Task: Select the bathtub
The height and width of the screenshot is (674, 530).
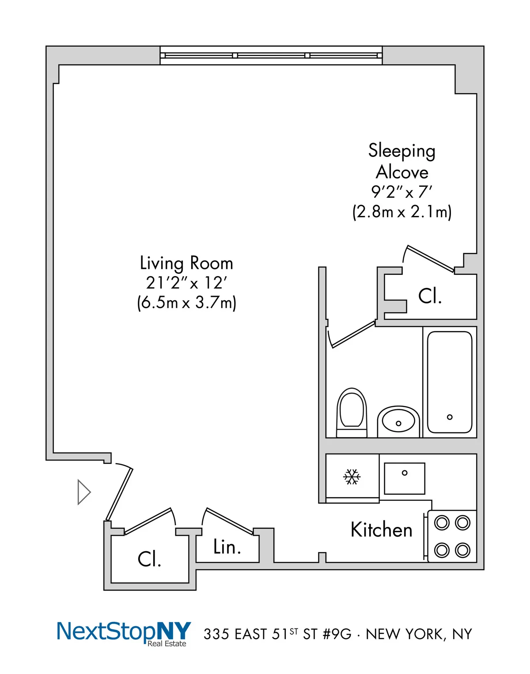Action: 450,382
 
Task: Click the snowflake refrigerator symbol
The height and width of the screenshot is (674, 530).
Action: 352,477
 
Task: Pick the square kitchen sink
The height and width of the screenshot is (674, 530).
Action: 405,478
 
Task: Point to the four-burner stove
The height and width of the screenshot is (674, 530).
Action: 452,536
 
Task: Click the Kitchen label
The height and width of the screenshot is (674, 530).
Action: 381,530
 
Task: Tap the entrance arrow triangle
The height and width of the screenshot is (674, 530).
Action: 83,492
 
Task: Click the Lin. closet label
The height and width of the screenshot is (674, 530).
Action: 227,547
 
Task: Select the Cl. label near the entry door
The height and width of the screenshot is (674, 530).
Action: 149,559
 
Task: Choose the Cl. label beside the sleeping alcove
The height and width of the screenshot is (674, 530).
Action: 430,296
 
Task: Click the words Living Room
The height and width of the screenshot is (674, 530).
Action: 186,263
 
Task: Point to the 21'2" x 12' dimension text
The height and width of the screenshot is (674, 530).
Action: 186,283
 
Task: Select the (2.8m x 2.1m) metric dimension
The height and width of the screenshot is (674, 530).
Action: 402,212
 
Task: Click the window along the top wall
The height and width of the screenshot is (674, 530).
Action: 271,56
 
